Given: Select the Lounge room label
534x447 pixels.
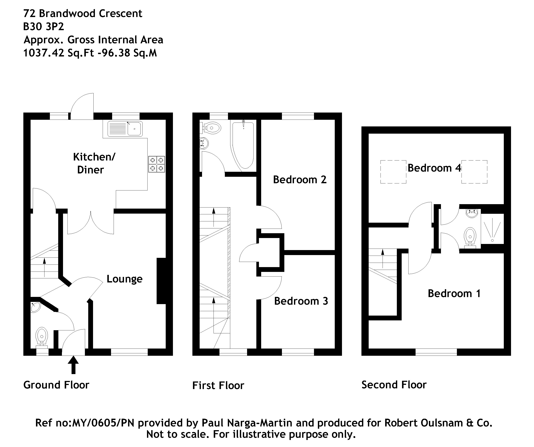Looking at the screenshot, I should [x=124, y=279].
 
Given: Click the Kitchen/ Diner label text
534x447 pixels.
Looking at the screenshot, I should [x=94, y=163].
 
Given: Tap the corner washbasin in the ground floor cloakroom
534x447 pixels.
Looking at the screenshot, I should [x=35, y=307].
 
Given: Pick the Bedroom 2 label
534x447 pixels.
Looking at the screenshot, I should [x=300, y=180].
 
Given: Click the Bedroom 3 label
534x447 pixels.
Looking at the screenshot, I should [x=301, y=301].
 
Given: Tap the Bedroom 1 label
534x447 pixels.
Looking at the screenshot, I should [x=454, y=293].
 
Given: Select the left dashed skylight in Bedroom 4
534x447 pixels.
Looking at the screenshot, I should [x=393, y=172].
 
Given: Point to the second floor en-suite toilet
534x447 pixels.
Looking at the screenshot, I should [x=470, y=237].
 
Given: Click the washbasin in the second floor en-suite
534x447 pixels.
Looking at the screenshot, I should [x=472, y=214].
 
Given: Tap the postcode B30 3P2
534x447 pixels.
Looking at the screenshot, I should [x=44, y=26].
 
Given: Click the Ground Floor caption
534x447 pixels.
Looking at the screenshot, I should [x=56, y=385].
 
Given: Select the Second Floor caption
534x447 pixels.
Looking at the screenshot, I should [x=394, y=384].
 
